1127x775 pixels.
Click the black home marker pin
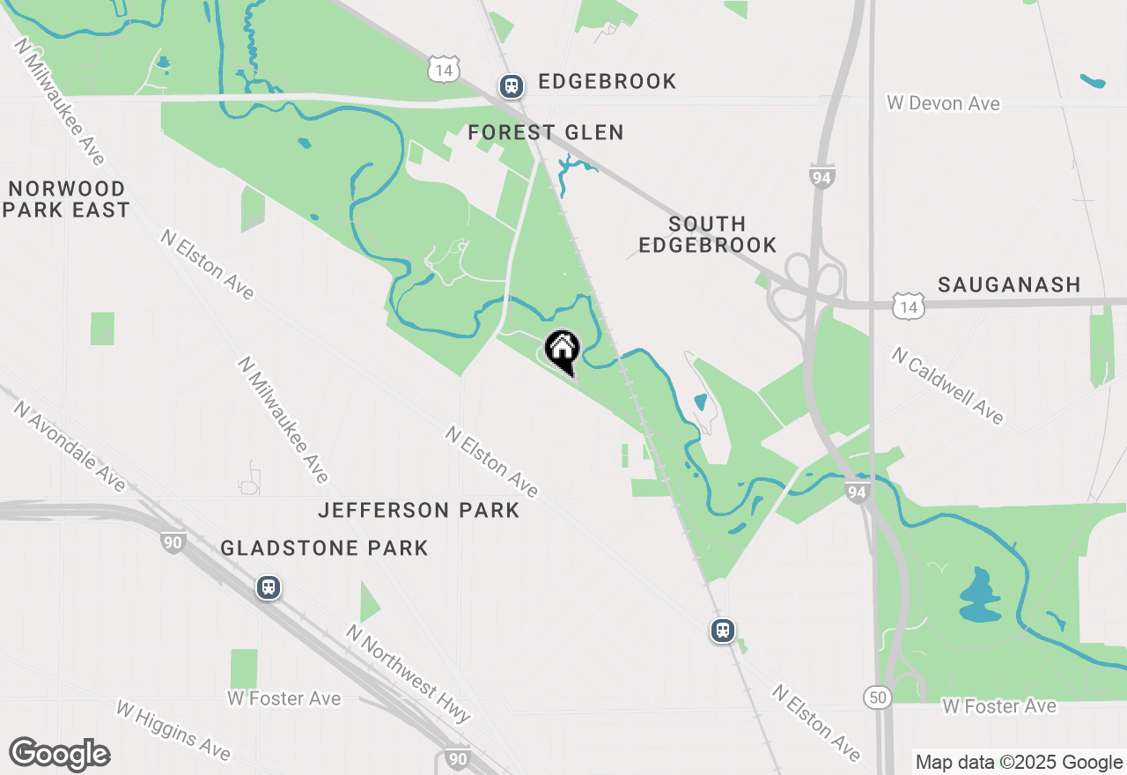point(562,350)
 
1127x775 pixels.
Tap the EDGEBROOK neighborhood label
point(607,82)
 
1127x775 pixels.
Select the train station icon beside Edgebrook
point(512,85)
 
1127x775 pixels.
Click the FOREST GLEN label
point(546,133)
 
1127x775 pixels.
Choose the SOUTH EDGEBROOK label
point(708,234)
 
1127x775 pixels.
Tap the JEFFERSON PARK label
point(419,511)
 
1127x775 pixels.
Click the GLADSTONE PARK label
point(324,548)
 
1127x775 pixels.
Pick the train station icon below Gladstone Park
point(269,587)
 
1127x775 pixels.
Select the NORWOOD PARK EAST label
point(66,200)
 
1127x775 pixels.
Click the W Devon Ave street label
point(944,104)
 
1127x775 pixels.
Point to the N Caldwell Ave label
point(947,385)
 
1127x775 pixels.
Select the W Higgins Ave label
point(173,729)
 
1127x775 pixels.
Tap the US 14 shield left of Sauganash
point(907,306)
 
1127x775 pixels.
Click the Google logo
point(59,755)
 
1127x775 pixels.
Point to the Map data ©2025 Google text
point(1018,763)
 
